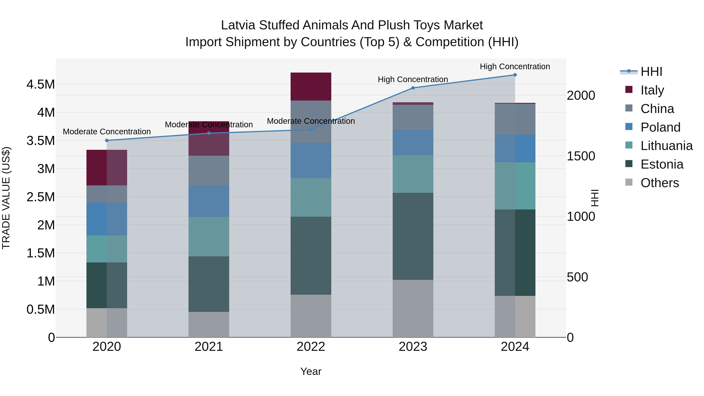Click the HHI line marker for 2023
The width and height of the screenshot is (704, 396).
(x=413, y=88)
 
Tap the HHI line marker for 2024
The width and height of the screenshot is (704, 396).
(x=515, y=75)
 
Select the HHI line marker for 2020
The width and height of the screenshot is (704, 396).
(x=107, y=140)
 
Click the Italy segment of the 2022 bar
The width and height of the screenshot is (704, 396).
(x=311, y=87)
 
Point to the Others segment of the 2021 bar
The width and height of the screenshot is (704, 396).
(x=209, y=324)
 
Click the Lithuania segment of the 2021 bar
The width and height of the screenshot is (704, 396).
(x=209, y=236)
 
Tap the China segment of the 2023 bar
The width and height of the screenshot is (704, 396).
(x=413, y=117)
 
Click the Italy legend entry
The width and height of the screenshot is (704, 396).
(x=652, y=90)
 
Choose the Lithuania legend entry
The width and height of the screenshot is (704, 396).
(x=666, y=146)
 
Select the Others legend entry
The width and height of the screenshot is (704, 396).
(x=659, y=183)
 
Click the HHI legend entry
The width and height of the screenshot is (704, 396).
(x=651, y=72)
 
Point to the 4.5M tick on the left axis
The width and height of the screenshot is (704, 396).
(x=41, y=84)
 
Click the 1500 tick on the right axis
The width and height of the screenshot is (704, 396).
(x=581, y=156)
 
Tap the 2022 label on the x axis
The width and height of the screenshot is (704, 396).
(x=311, y=347)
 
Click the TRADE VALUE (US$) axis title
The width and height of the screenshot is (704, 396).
(x=6, y=198)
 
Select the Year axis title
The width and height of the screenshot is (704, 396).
(x=311, y=371)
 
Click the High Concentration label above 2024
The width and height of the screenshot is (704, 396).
(x=515, y=66)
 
